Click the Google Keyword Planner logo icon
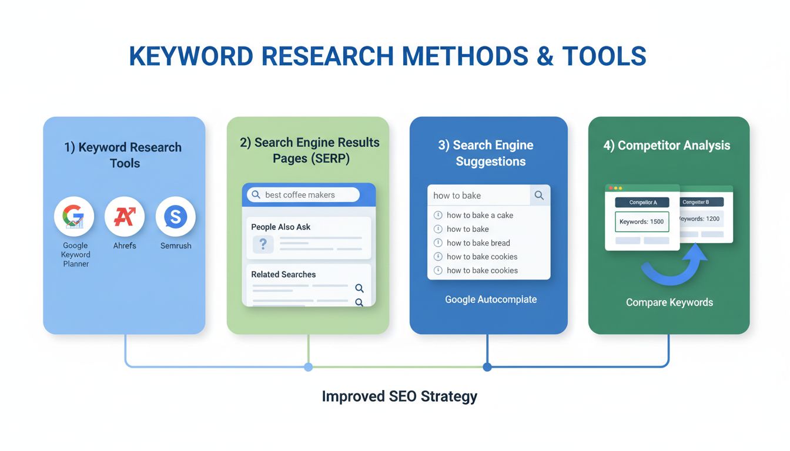74,217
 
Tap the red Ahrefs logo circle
125,217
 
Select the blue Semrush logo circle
175,217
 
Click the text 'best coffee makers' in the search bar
300,195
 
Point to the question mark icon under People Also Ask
263,244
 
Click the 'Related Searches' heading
283,274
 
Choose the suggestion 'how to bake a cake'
480,216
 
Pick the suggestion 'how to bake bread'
478,243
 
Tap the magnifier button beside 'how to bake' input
539,196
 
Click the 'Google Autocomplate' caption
491,299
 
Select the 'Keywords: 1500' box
642,222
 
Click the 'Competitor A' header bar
642,203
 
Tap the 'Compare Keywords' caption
669,302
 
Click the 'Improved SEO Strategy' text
399,396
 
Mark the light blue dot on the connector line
308,367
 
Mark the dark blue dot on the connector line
487,367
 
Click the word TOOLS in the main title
604,56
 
